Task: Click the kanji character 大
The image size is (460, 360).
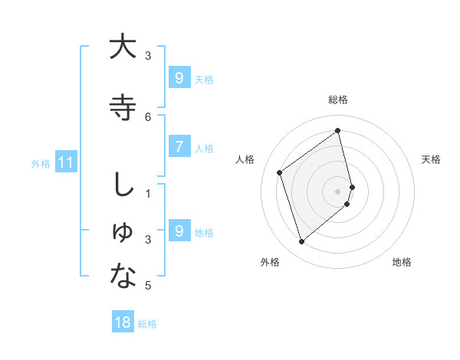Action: [x=123, y=47]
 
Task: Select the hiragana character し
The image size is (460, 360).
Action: [x=123, y=186]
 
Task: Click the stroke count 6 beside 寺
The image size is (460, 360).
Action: [x=148, y=116]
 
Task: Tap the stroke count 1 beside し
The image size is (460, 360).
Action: [x=148, y=194]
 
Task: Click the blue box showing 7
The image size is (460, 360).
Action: [x=179, y=148]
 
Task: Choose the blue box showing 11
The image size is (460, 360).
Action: [x=65, y=162]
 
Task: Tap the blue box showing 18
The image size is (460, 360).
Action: [x=123, y=322]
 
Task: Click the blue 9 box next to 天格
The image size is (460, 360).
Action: [x=179, y=78]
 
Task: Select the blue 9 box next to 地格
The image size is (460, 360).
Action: [x=179, y=231]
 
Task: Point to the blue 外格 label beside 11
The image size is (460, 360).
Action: [x=41, y=163]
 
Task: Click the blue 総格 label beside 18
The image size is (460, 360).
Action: [x=147, y=324]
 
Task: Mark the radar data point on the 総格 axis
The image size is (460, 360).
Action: [x=338, y=130]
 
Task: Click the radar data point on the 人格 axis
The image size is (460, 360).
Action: [x=280, y=172]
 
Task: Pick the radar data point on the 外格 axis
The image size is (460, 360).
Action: [x=301, y=242]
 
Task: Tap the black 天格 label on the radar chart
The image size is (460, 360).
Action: [x=431, y=159]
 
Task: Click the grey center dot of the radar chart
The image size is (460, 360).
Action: [x=338, y=191]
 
